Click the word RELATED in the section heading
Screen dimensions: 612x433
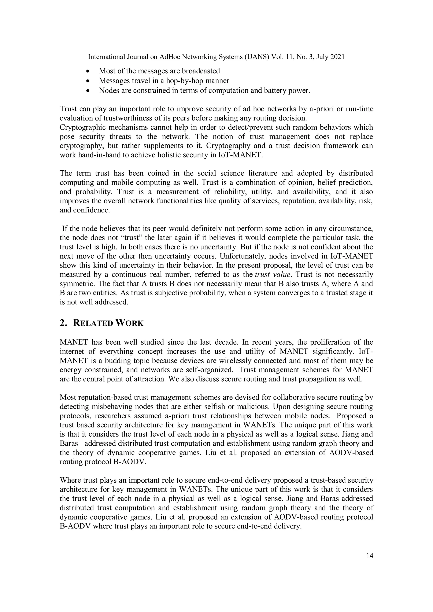tap(93, 323)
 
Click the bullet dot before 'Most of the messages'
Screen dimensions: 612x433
tap(88, 71)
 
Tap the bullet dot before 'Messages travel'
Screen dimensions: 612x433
tap(88, 81)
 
